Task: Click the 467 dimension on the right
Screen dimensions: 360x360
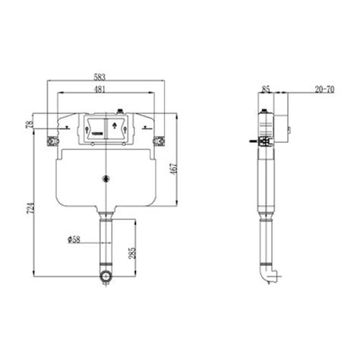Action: coord(176,169)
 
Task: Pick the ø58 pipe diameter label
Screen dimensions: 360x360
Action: coord(74,239)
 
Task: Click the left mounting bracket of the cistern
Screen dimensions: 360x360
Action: coord(52,141)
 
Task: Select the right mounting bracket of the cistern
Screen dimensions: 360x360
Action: coord(160,141)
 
